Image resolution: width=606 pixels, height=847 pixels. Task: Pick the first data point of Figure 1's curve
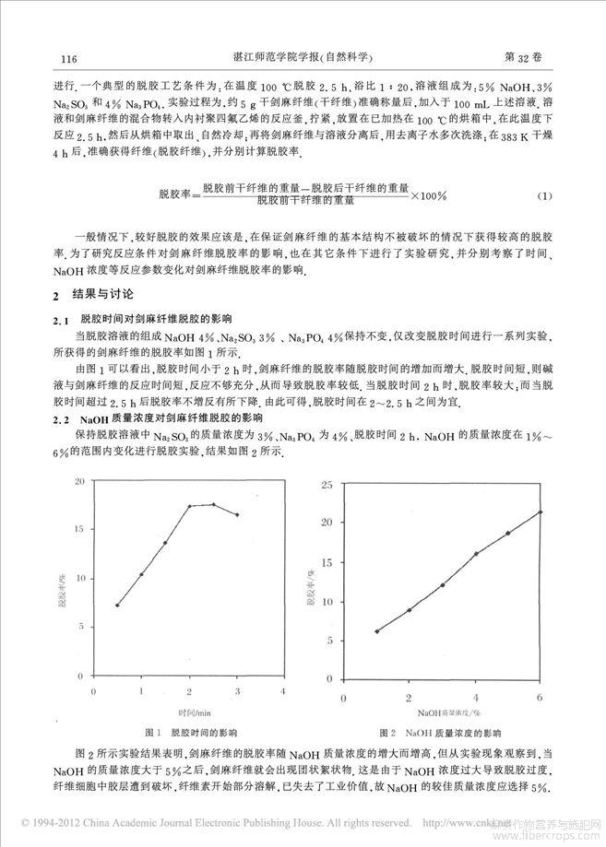(x=117, y=606)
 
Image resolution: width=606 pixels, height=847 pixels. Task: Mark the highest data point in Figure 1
(x=214, y=504)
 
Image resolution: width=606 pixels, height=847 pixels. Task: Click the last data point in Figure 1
(x=238, y=514)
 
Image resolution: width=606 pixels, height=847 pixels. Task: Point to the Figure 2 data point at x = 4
(x=476, y=554)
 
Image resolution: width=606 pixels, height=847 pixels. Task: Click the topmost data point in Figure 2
(x=541, y=512)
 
